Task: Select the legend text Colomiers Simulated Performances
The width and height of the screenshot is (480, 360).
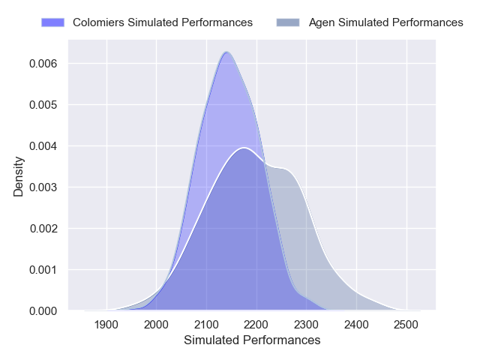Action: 162,22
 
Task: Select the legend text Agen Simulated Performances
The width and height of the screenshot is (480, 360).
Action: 385,22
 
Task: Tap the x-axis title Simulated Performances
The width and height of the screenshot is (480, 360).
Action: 252,340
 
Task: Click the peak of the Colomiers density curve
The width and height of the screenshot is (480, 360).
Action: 226,52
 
